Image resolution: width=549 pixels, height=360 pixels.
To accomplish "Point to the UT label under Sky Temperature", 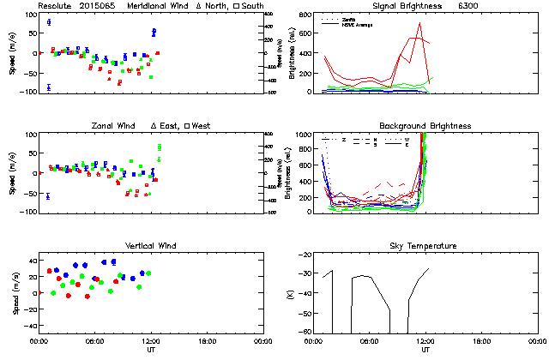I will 425,350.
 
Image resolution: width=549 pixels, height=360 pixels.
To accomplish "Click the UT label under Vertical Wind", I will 151,350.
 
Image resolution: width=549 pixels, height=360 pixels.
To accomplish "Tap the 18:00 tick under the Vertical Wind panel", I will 207,341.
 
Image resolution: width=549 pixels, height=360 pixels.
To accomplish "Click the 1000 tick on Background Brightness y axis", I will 304,135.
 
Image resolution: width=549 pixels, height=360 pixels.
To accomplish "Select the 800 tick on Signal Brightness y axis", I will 306,15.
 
